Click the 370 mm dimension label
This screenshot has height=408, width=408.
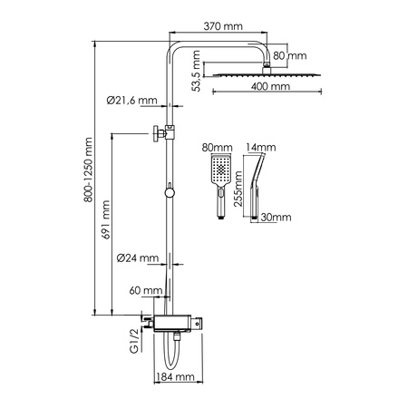click(224, 30)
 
